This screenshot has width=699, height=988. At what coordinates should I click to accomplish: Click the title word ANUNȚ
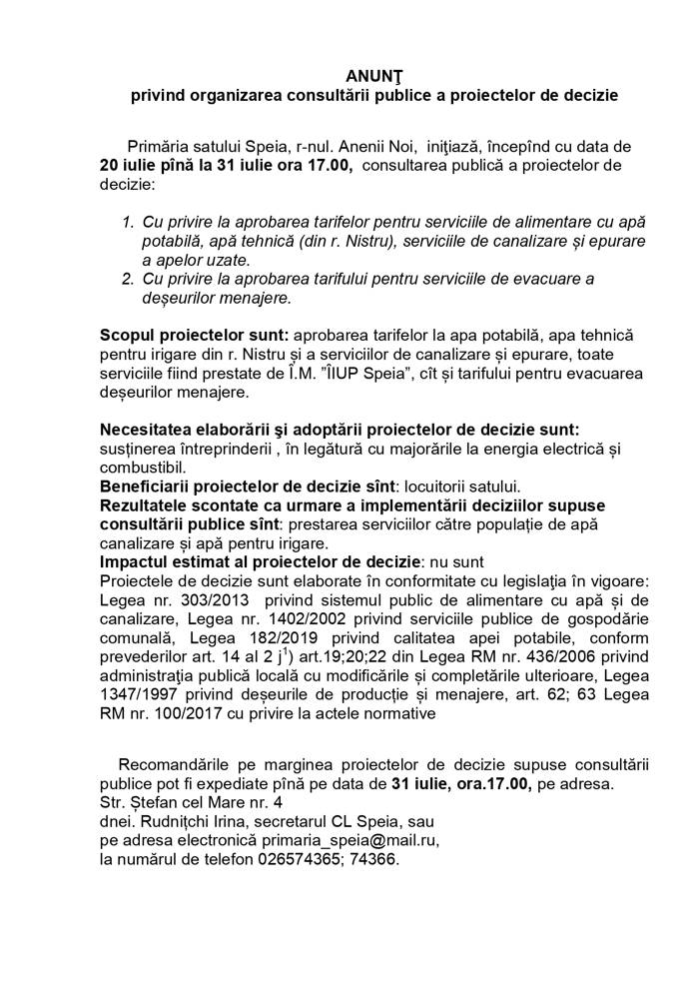tap(370, 75)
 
